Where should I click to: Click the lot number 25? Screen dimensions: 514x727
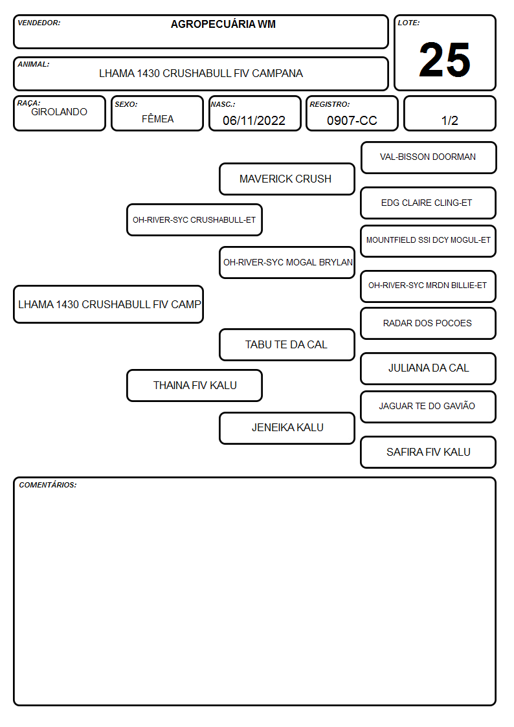point(445,60)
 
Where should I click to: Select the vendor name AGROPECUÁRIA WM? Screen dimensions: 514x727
point(223,24)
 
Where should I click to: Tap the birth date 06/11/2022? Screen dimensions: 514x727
point(254,120)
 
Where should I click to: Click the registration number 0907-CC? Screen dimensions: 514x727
point(352,120)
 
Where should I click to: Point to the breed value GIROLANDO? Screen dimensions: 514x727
point(59,112)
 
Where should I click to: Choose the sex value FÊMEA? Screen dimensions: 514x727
point(157,118)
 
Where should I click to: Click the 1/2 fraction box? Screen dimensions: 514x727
point(449,113)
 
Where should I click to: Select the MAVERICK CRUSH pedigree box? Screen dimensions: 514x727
point(287,179)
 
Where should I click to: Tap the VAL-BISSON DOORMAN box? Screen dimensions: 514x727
point(429,158)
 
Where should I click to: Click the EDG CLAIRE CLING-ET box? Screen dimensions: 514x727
point(429,203)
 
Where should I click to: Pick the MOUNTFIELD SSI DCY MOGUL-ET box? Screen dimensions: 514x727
point(429,241)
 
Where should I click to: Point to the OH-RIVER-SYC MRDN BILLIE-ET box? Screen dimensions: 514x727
point(429,286)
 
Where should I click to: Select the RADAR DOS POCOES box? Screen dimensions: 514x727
point(429,323)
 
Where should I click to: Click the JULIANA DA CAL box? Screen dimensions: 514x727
point(429,368)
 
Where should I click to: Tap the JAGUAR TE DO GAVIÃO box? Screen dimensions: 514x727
point(429,407)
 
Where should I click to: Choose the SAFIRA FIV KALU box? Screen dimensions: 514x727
point(429,452)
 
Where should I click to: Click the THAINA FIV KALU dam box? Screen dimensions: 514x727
point(195,385)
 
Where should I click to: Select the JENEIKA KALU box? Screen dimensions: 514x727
point(287,428)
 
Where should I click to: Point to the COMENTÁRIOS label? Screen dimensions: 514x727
point(48,485)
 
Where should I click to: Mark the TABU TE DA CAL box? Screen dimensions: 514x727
point(287,344)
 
